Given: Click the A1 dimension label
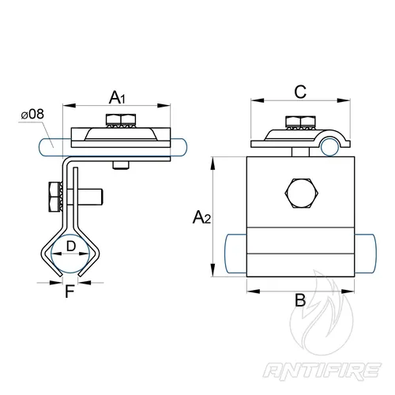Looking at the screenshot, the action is (117, 97).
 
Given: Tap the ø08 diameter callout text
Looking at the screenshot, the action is (32, 115).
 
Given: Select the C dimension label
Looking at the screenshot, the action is (300, 92).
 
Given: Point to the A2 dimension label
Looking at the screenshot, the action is (201, 217).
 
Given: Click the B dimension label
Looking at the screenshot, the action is (300, 300).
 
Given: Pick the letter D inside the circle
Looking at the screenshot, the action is (71, 246).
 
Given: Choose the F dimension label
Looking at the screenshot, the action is (70, 292).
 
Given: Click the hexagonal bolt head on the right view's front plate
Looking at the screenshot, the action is (301, 194).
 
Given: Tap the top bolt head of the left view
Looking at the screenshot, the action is (121, 119).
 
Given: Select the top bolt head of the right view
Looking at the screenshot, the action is (301, 121).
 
